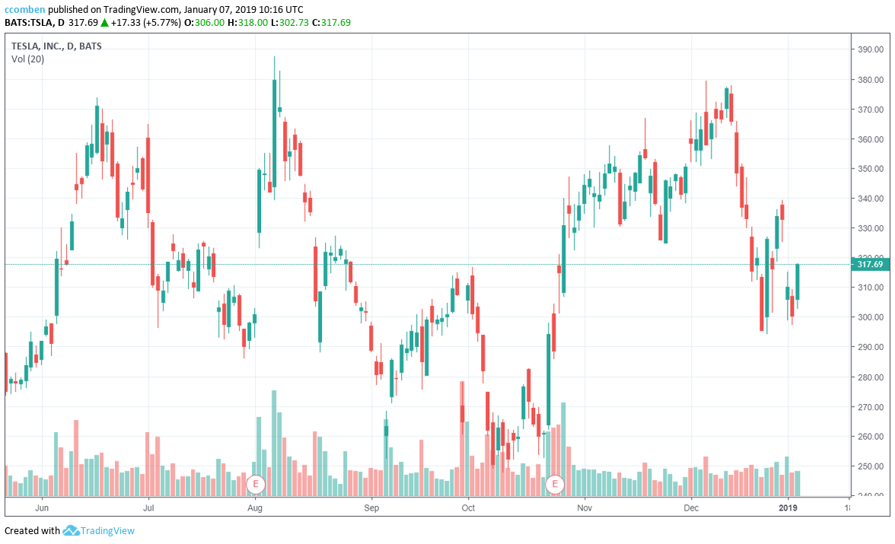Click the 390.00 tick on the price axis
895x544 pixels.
point(871,49)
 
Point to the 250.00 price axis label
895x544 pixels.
point(871,466)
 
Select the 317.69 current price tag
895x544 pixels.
point(869,265)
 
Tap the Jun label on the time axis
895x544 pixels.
point(43,506)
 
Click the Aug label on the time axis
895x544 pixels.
point(256,506)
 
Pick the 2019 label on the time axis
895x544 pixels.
point(789,506)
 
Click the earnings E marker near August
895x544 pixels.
point(256,483)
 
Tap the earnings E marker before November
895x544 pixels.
point(556,483)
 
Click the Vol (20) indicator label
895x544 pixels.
point(27,59)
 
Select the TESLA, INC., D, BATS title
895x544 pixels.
point(56,46)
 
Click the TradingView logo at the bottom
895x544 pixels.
point(99,530)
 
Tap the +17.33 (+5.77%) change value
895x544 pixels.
point(144,23)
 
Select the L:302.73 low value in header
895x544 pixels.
point(291,23)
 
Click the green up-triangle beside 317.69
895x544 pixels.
point(104,23)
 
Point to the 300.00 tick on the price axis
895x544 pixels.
point(871,317)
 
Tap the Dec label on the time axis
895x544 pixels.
point(691,506)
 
